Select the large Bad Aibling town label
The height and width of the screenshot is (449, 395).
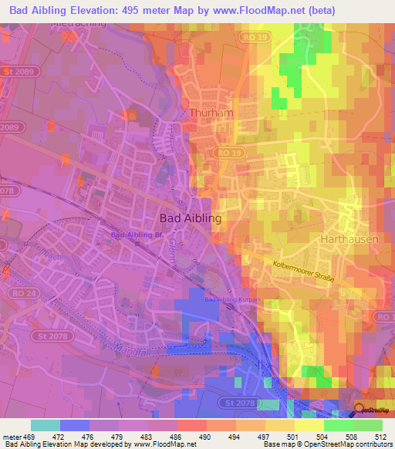pos(191,218)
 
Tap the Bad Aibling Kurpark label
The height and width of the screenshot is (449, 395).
pos(230,299)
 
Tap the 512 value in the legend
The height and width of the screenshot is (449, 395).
pos(381,437)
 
